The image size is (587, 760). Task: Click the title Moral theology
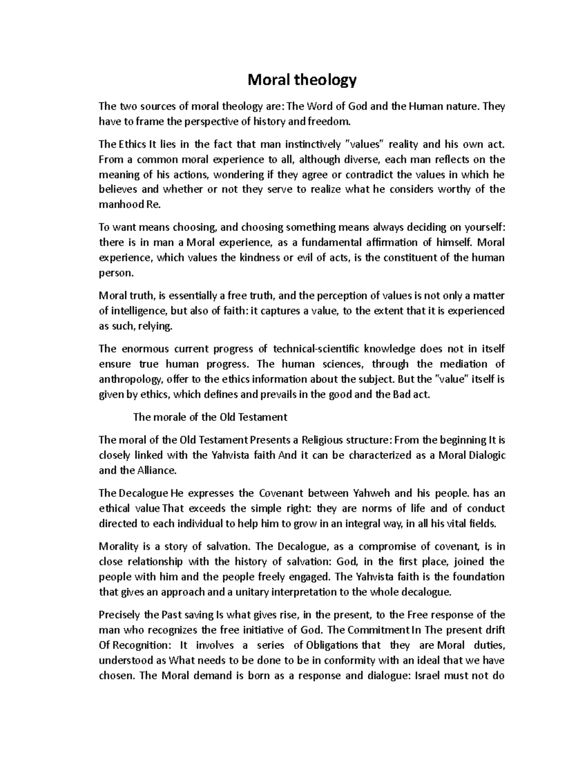(x=302, y=79)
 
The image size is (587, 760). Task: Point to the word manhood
(x=121, y=205)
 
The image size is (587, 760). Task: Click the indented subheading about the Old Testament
(x=210, y=417)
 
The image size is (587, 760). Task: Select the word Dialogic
(x=487, y=455)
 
